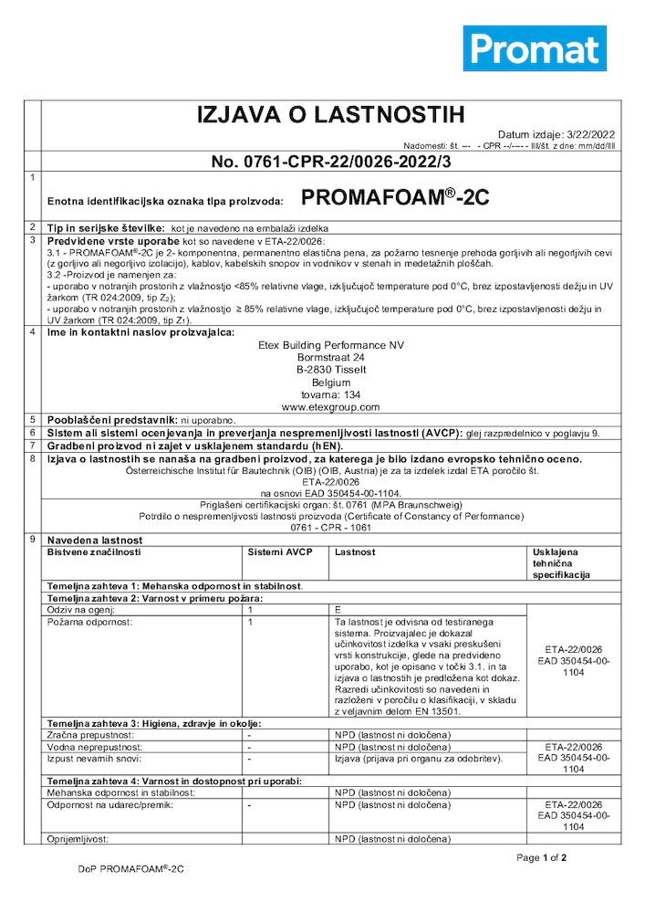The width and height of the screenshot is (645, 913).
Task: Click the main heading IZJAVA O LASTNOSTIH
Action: [331, 115]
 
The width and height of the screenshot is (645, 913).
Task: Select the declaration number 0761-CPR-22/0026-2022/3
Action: [331, 163]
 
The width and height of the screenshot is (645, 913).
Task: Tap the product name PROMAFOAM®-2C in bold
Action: [394, 197]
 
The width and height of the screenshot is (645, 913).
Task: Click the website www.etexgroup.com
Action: [330, 407]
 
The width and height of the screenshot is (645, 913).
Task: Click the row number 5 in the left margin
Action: [32, 419]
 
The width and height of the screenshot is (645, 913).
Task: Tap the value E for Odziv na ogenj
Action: [338, 608]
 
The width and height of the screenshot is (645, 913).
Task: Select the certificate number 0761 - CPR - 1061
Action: [330, 528]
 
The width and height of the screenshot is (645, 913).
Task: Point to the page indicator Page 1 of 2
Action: [542, 857]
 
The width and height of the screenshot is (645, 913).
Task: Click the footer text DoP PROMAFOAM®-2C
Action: [130, 870]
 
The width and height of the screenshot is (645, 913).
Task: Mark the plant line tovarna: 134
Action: [330, 394]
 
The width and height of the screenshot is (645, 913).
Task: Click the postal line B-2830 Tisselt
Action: [330, 370]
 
